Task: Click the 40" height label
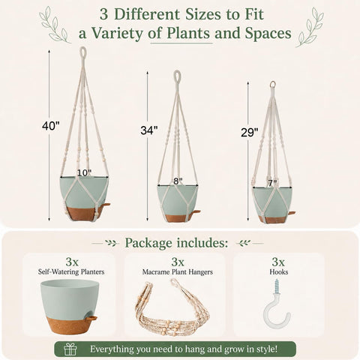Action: [51, 126]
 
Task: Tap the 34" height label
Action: [149, 130]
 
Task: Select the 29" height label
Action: [249, 133]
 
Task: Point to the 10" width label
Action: [84, 173]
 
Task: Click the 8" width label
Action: [178, 181]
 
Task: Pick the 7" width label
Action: [272, 183]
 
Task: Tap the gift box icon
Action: [70, 349]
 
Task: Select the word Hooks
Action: [279, 271]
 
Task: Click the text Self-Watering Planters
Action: [71, 271]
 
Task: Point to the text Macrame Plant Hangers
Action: [178, 272]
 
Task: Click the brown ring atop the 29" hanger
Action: [272, 85]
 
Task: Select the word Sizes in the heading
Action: [204, 14]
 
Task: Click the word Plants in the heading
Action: [188, 33]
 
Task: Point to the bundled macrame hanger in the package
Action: [172, 308]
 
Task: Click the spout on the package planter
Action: [91, 319]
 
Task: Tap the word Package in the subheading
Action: [148, 243]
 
